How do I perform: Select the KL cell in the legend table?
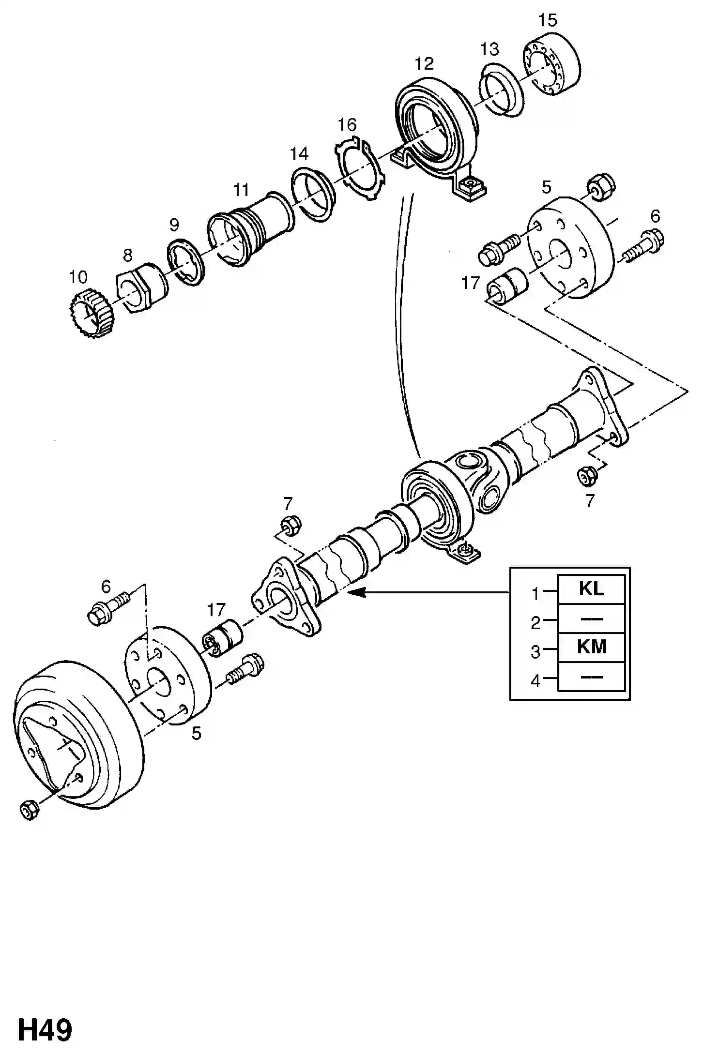pyautogui.click(x=591, y=589)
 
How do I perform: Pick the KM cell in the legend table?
pyautogui.click(x=591, y=647)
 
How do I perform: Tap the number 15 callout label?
pyautogui.click(x=547, y=20)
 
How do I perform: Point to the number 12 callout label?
pyautogui.click(x=424, y=63)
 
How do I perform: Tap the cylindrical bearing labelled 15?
pyautogui.click(x=553, y=64)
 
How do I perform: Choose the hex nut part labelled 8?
pyautogui.click(x=142, y=287)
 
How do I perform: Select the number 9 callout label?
pyautogui.click(x=174, y=225)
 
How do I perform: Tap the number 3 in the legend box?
pyautogui.click(x=535, y=651)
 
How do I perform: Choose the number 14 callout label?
pyautogui.click(x=299, y=153)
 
